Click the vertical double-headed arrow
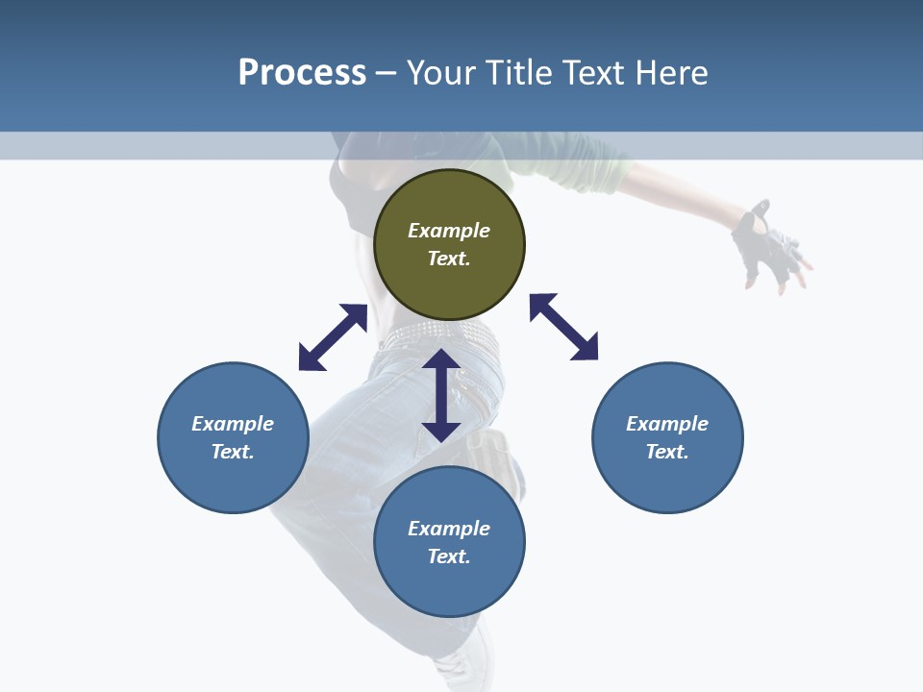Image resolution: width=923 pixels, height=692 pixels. point(441,395)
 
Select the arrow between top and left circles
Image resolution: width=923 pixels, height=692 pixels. point(333,337)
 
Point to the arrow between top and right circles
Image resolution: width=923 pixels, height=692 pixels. point(564,327)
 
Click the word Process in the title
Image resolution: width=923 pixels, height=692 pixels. point(302,72)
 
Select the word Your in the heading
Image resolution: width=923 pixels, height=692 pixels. point(441,72)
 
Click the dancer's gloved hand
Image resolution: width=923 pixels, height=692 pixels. point(769,245)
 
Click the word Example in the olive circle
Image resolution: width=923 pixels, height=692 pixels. point(449,231)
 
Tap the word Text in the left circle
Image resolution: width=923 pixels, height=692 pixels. point(233,452)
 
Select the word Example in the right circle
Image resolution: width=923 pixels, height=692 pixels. point(667,424)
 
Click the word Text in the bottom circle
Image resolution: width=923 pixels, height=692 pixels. point(449,556)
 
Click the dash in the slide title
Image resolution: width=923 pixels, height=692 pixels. point(387,74)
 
